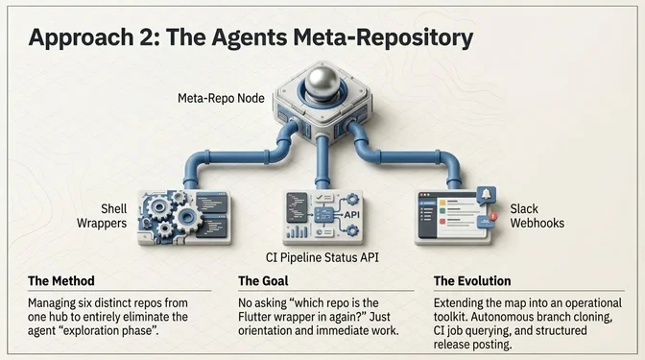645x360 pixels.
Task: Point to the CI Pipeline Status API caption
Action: click(x=321, y=257)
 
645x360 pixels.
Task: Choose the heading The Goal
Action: click(x=268, y=281)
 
